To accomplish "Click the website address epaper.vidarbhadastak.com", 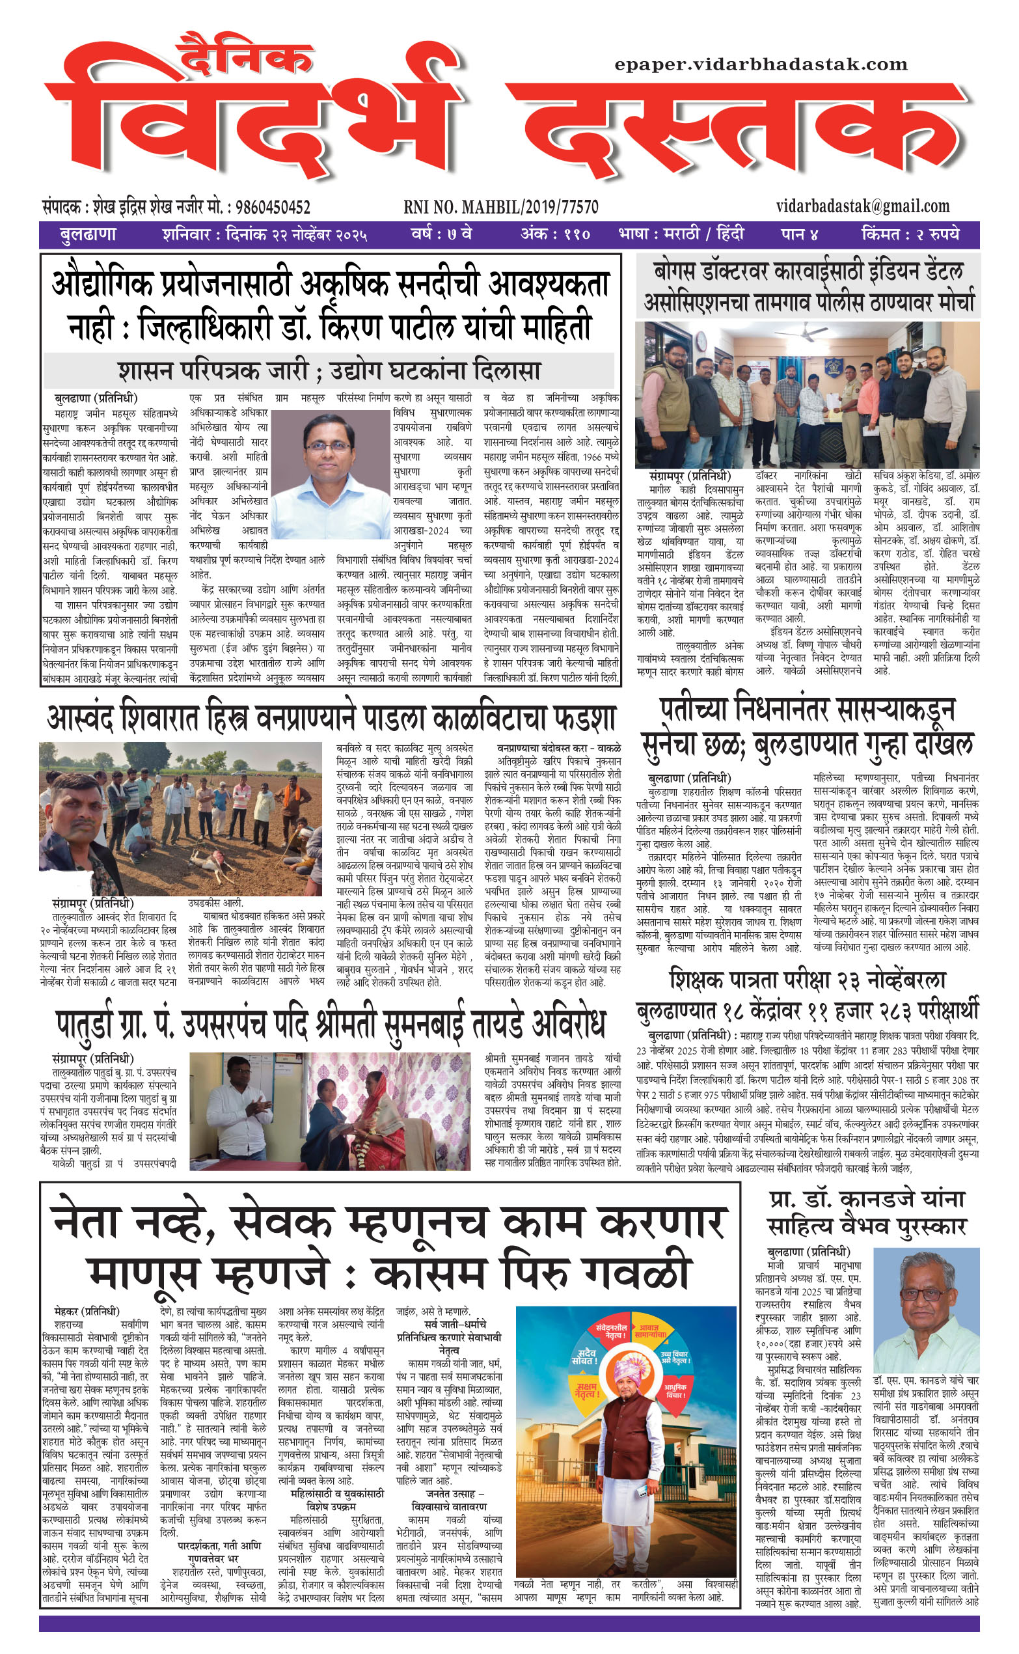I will coord(761,64).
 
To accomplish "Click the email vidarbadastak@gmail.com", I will coord(863,206).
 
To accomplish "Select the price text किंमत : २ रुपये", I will coord(910,235).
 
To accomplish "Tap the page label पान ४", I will coord(799,235).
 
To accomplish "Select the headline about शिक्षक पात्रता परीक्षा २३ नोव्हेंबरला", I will coord(808,980).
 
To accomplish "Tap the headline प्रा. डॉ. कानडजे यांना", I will coord(867,1199).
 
